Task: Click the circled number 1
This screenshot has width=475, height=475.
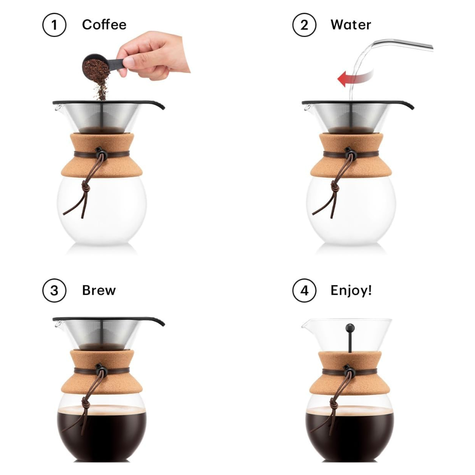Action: tap(54, 25)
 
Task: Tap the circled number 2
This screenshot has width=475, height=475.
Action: tap(304, 25)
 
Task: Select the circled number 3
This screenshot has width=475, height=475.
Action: tap(54, 291)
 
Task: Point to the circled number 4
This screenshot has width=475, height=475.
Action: tap(304, 291)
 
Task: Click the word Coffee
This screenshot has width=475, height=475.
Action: tap(104, 25)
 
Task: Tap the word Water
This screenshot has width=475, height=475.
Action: tap(351, 25)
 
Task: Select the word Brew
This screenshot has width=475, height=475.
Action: tap(99, 291)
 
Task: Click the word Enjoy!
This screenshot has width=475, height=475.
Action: tap(351, 291)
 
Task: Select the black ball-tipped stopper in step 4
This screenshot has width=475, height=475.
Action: tap(350, 328)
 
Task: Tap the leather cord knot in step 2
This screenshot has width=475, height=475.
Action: tap(336, 186)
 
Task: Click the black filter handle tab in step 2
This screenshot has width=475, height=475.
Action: tap(402, 105)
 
